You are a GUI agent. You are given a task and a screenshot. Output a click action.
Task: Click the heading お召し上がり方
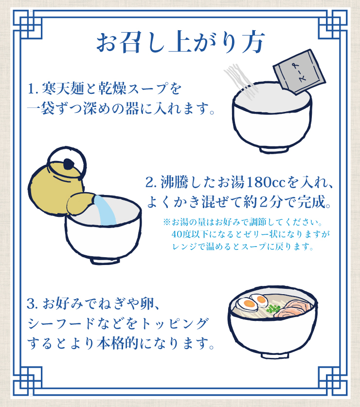tap(181, 43)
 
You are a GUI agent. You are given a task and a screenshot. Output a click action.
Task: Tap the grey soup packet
tap(299, 72)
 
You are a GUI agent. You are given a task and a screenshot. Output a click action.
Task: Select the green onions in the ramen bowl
tap(273, 309)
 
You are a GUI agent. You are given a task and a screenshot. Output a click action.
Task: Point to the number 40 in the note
tap(177, 234)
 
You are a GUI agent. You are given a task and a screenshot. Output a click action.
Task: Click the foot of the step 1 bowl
tap(274, 150)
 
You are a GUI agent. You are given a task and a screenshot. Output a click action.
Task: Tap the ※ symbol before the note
tap(166, 222)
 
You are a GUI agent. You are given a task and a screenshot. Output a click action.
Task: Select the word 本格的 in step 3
tap(118, 343)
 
